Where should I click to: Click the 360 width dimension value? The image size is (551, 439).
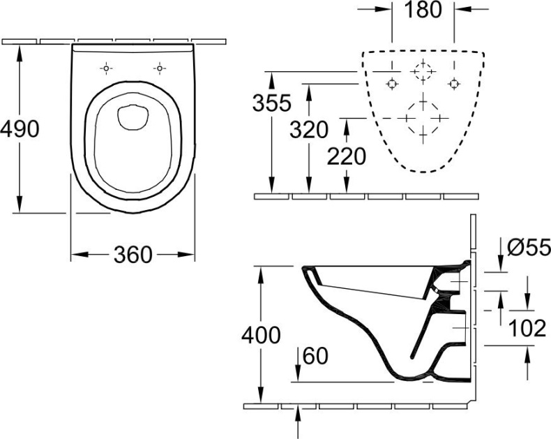click(133, 255)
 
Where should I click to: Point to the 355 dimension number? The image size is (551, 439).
click(271, 103)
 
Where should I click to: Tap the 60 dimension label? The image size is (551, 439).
click(315, 357)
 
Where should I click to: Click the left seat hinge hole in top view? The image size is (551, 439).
click(106, 68)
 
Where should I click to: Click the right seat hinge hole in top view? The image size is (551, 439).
click(160, 68)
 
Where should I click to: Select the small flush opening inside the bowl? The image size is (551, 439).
click(132, 117)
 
